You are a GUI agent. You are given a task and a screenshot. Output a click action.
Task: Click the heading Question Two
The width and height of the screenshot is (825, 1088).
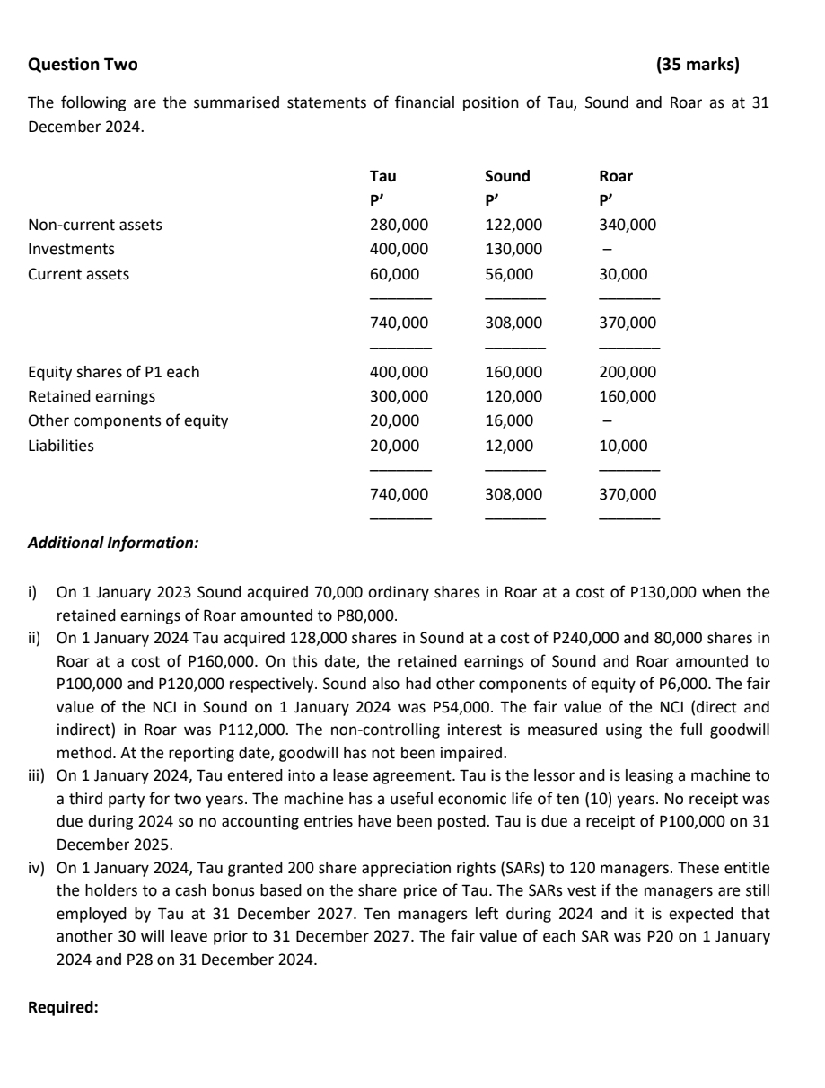pyautogui.click(x=83, y=65)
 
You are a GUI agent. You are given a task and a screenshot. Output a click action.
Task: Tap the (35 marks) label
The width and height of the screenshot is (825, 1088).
pyautogui.click(x=698, y=65)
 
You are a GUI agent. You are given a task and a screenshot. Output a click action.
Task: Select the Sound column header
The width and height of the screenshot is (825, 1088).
pyautogui.click(x=507, y=176)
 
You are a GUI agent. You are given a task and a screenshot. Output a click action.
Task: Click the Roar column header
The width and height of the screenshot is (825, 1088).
pyautogui.click(x=615, y=176)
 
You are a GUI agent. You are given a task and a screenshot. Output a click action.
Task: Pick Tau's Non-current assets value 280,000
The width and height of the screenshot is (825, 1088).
pyautogui.click(x=399, y=225)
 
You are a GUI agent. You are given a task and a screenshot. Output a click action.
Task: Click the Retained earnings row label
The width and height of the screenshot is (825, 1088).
pyautogui.click(x=92, y=396)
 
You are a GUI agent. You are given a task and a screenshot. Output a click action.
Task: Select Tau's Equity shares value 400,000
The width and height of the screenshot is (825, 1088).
pyautogui.click(x=399, y=372)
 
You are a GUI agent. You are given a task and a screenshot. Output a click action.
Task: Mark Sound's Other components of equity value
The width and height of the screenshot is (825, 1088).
pyautogui.click(x=509, y=420)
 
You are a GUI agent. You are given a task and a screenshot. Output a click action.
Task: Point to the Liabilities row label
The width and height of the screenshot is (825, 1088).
pyautogui.click(x=61, y=446)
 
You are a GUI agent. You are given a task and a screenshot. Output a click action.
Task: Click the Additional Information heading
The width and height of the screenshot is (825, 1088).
pyautogui.click(x=114, y=544)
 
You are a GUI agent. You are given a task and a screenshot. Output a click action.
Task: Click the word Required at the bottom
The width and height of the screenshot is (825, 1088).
pyautogui.click(x=63, y=1007)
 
